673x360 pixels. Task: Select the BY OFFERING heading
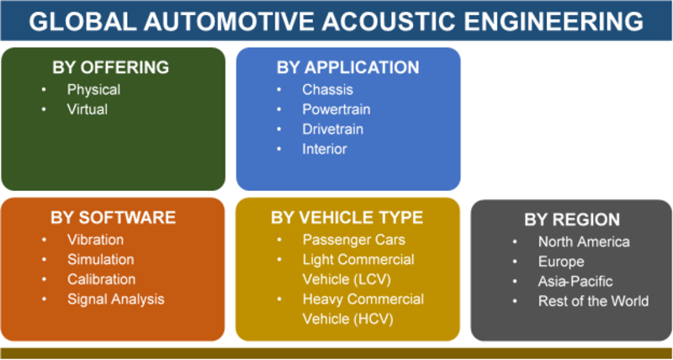111,68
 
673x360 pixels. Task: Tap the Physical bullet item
93,90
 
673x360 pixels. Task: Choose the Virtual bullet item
87,109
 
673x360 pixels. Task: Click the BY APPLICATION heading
348,68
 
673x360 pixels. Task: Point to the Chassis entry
327,90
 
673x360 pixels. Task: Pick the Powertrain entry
336,109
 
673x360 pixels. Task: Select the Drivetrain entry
332,130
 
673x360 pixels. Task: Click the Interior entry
325,149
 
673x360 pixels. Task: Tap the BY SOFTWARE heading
114,218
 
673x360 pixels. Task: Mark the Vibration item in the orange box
95,240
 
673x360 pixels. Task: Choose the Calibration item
101,279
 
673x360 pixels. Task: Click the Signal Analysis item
115,299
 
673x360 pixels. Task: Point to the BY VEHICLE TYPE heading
347,218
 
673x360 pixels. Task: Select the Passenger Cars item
353,240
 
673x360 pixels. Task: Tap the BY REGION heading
572,220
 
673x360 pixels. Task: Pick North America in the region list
584,241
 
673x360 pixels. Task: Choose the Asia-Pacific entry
575,282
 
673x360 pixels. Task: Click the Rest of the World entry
594,301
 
